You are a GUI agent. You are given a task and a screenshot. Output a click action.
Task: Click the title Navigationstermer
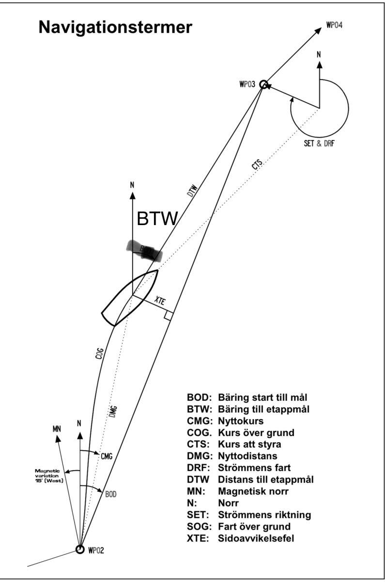pos(115,28)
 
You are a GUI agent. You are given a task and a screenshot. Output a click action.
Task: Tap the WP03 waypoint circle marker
pos(264,84)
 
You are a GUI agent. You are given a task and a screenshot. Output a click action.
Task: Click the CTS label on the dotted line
pos(257,165)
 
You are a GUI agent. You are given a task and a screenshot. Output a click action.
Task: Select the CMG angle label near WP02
pos(107,455)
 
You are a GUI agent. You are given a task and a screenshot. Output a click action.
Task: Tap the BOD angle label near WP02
pos(111,494)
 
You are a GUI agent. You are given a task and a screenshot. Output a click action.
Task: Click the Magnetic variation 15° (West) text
pos(49,475)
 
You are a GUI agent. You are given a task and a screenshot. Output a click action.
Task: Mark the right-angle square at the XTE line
pos(168,316)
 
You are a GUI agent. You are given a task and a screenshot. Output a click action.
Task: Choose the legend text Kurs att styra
pos(251,444)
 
